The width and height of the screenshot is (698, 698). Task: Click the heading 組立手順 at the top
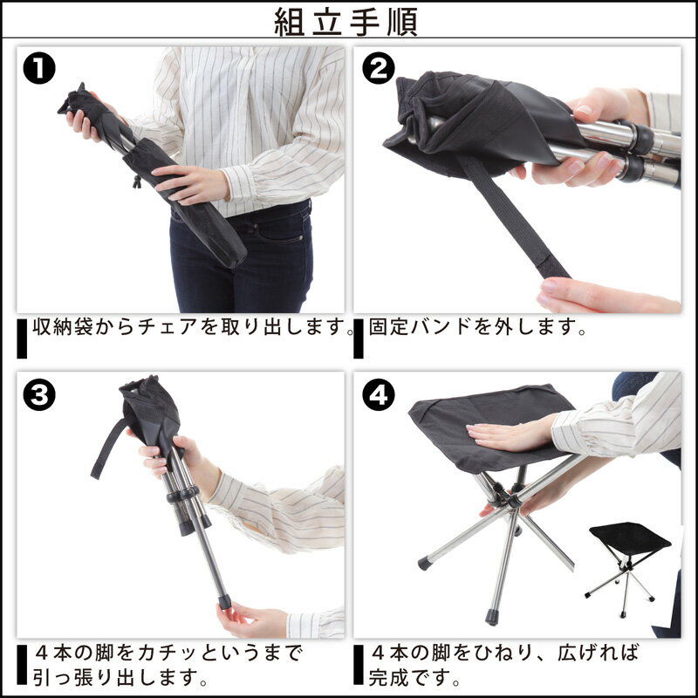coord(346,22)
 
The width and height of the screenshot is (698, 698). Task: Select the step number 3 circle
coord(41,395)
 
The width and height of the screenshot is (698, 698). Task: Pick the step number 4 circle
coord(377,395)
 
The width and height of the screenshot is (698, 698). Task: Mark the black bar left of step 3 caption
coord(22,665)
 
